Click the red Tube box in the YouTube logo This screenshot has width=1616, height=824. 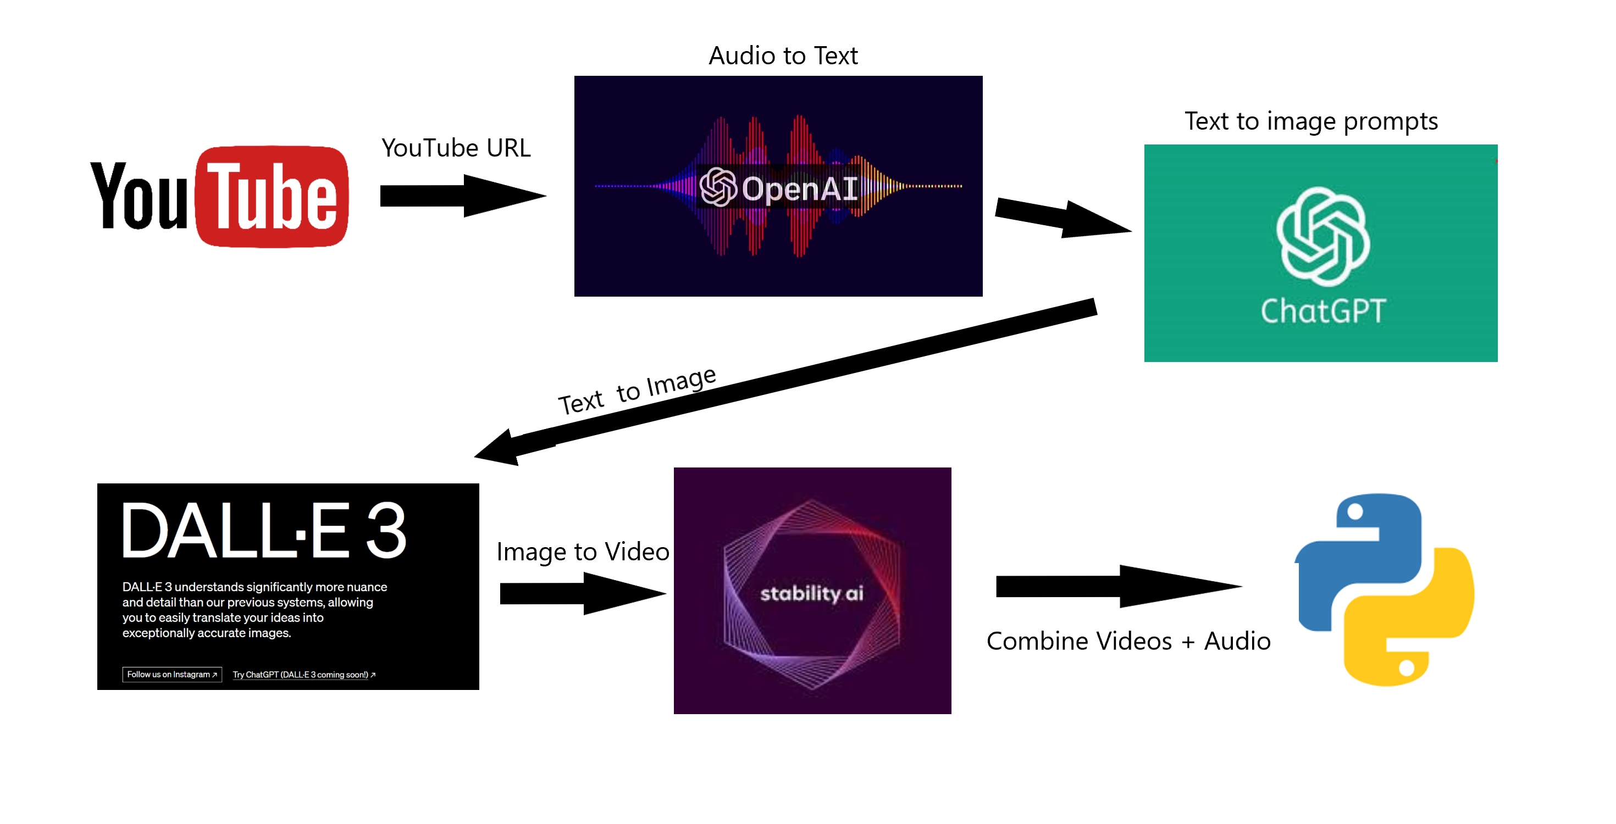[x=272, y=196]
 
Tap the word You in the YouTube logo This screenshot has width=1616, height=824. [x=139, y=196]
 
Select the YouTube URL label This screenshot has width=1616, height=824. [x=456, y=148]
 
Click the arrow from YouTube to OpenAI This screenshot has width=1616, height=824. [x=462, y=196]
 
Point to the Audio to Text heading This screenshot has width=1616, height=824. [x=783, y=56]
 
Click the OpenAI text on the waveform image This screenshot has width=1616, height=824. [x=799, y=188]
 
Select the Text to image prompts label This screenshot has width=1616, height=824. [x=1310, y=121]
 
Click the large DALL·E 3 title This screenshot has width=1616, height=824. [x=263, y=531]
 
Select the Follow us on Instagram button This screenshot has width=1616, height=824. [x=172, y=675]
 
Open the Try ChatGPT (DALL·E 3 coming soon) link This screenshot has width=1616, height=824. [x=303, y=675]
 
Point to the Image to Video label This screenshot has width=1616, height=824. [x=582, y=552]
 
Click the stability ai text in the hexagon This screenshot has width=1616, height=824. [x=811, y=593]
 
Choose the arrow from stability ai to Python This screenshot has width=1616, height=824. [x=1117, y=586]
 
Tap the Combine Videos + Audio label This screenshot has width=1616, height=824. [x=1128, y=642]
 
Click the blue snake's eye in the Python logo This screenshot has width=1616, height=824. [x=1355, y=512]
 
